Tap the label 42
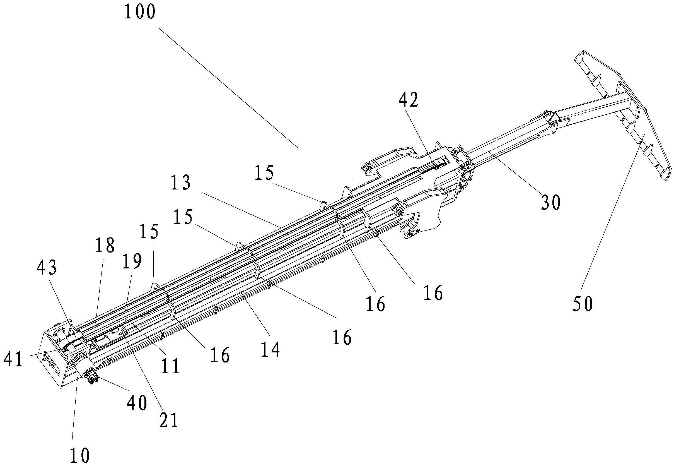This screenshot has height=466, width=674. tap(409, 100)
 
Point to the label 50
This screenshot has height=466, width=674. tap(583, 304)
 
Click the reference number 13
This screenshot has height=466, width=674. tap(181, 183)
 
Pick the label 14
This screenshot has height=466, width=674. tap(270, 349)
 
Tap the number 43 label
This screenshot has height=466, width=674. tap(46, 268)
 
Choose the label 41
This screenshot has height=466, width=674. tap(13, 360)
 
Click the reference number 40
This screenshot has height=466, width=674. tap(137, 403)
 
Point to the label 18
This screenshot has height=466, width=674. tap(105, 246)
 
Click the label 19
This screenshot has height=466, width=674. tap(132, 261)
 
